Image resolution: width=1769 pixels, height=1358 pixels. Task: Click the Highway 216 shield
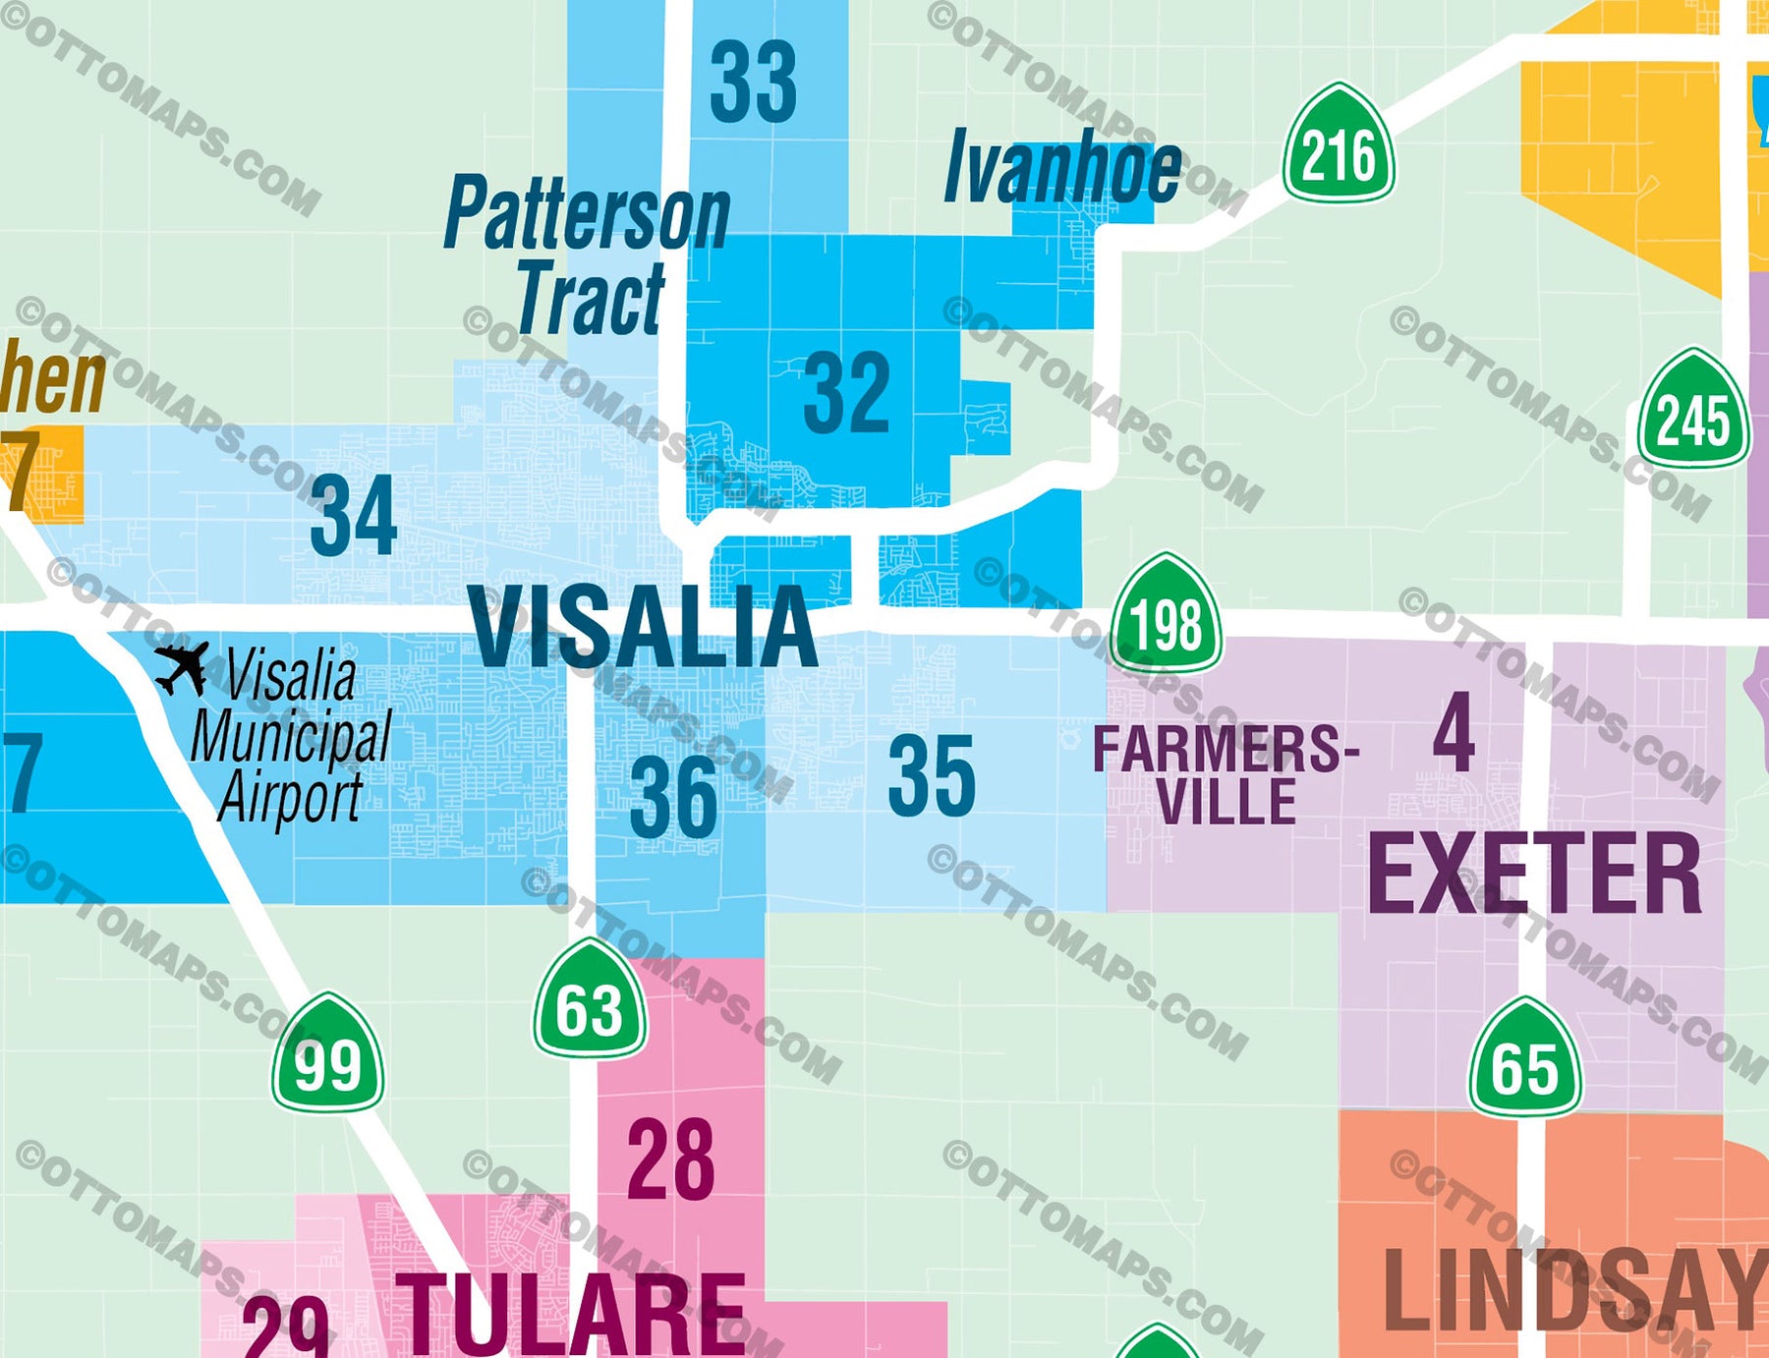1339,145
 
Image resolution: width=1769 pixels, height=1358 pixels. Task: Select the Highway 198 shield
1167,613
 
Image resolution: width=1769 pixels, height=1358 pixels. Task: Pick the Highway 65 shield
1525,1058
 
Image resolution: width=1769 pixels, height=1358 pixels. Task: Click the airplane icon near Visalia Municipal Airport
182,667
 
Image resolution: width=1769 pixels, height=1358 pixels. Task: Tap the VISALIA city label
643,627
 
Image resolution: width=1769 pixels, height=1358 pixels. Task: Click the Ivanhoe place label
1062,169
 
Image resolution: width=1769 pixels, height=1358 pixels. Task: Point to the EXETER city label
1534,874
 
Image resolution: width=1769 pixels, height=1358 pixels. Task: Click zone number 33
753,83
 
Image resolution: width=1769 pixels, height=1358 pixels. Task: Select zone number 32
846,393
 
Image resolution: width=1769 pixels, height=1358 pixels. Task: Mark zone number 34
353,515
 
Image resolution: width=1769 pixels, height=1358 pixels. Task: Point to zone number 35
932,776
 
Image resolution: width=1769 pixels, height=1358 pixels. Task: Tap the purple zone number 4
1454,732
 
